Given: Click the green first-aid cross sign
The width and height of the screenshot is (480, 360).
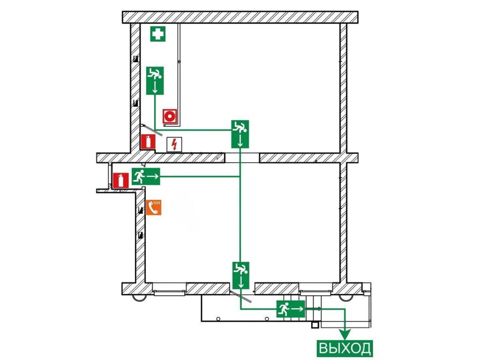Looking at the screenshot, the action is click(157, 34).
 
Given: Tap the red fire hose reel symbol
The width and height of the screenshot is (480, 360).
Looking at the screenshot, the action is click(170, 116).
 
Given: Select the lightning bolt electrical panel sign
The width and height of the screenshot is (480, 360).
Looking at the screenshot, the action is click(174, 144).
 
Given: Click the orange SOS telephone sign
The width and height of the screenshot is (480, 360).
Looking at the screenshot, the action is click(154, 208).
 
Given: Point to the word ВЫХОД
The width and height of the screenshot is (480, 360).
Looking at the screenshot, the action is click(345, 348).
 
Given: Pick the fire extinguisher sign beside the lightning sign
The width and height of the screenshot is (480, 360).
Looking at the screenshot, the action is click(148, 142).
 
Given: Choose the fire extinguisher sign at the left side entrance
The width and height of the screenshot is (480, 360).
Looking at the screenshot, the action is click(121, 180).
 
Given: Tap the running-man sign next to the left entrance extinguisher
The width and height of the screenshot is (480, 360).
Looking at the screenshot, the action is click(146, 176).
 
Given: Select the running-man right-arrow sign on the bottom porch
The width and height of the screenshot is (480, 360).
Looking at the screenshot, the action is click(291, 309).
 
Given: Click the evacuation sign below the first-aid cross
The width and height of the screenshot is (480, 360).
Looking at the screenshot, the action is click(155, 81).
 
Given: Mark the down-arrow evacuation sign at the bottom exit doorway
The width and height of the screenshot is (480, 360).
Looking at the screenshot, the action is click(240, 276).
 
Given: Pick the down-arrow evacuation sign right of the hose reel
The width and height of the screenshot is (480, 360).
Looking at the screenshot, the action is click(240, 134).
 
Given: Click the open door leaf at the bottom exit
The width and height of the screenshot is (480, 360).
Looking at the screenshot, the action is click(241, 296).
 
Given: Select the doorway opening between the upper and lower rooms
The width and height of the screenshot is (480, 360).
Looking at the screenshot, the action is click(242, 157).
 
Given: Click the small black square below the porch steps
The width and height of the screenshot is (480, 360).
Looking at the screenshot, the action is click(315, 324).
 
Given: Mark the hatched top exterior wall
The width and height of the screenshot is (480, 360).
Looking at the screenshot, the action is click(240, 17).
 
